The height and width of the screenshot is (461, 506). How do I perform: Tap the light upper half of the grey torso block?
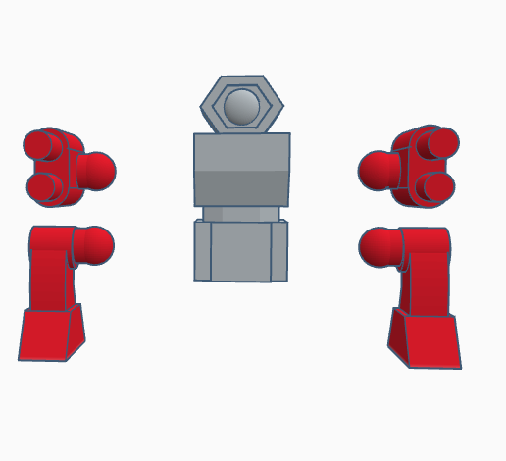241,152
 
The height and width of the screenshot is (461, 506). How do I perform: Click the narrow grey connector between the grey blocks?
241,213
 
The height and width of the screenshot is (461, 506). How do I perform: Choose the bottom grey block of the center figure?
241,251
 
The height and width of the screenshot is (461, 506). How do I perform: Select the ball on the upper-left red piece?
96,171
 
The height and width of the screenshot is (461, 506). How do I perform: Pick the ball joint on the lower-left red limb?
94,244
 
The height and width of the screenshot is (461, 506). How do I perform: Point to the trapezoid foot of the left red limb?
51,334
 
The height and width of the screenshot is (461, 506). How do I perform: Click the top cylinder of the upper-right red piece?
440,143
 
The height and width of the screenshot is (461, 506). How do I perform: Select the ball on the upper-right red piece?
378,171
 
